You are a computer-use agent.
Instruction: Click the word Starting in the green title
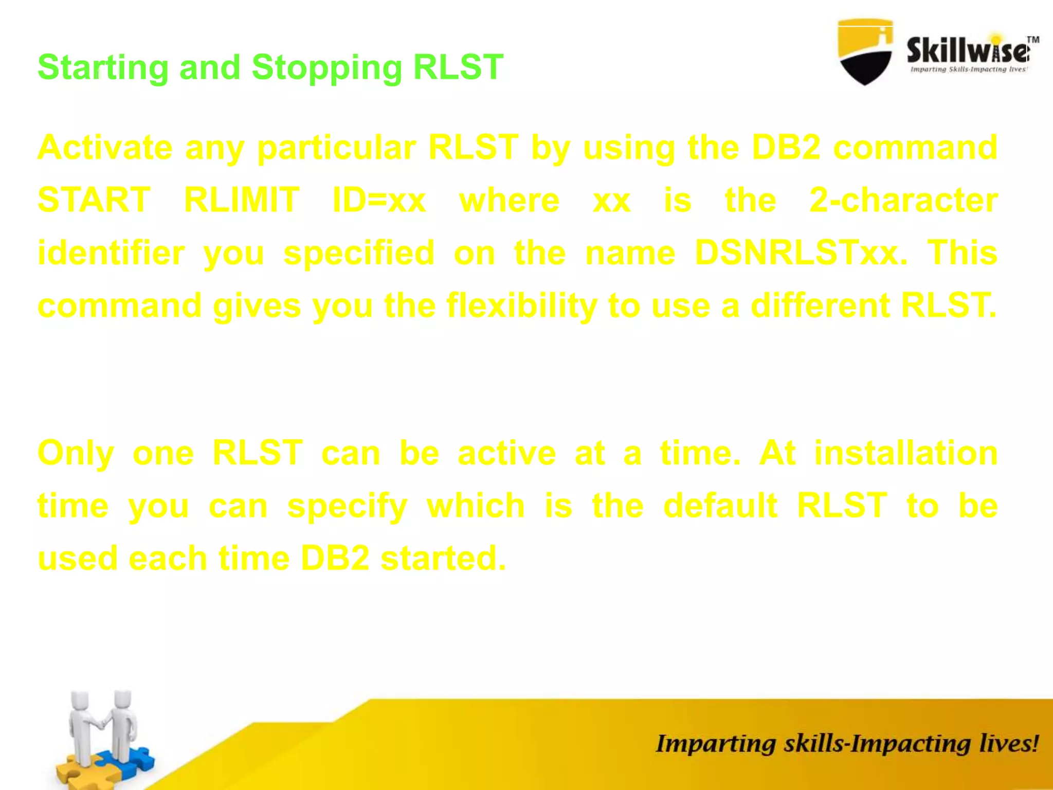pyautogui.click(x=103, y=68)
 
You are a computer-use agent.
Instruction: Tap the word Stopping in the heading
pyautogui.click(x=326, y=68)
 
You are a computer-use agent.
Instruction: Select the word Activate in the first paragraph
pyautogui.click(x=105, y=148)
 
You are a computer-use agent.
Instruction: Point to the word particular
pyautogui.click(x=336, y=148)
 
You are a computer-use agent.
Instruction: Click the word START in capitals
pyautogui.click(x=94, y=200)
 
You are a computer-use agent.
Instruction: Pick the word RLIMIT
pyautogui.click(x=242, y=200)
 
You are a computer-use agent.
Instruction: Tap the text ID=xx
pyautogui.click(x=379, y=200)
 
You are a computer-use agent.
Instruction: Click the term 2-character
pyautogui.click(x=903, y=200)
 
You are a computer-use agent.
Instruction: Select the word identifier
pyautogui.click(x=111, y=253)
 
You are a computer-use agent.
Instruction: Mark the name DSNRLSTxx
pyautogui.click(x=801, y=253)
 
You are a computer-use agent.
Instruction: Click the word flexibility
pyautogui.click(x=521, y=306)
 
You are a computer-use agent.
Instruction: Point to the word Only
pyautogui.click(x=76, y=453)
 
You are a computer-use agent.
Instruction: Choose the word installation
pyautogui.click(x=905, y=453)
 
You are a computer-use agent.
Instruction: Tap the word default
pyautogui.click(x=720, y=506)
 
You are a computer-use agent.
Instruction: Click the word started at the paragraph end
pyautogui.click(x=443, y=558)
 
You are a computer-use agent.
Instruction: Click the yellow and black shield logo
pyautogui.click(x=865, y=51)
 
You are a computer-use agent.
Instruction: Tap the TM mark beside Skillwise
pyautogui.click(x=1033, y=39)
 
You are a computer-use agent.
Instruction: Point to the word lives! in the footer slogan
pyautogui.click(x=1008, y=744)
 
